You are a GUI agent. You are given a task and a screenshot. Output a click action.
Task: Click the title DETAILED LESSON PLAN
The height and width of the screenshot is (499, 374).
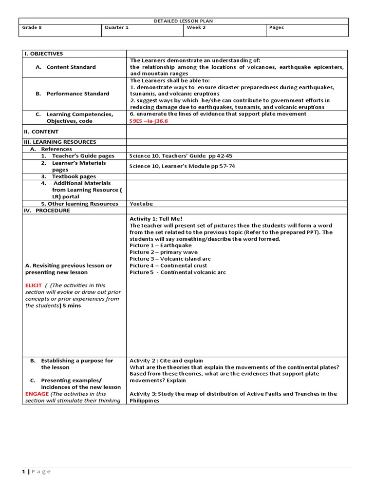pos(184,21)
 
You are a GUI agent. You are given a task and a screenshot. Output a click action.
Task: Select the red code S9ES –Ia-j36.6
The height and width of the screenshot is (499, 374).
pos(151,121)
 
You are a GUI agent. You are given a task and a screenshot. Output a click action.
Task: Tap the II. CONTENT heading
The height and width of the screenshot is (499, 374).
pos(41,132)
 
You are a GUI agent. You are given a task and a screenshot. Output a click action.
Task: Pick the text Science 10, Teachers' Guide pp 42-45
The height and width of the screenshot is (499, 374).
pos(181,156)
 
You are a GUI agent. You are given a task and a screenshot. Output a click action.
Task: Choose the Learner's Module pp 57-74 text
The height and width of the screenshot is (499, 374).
pos(182,166)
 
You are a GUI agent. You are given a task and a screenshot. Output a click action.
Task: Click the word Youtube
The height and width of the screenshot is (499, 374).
pos(141,204)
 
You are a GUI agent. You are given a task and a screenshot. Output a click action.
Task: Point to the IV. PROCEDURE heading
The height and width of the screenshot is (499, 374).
pos(47,211)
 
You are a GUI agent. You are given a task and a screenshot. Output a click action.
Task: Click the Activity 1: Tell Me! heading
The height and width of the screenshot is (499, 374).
pos(156,219)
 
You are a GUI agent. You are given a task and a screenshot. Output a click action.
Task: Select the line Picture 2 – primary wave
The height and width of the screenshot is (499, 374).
pos(164,252)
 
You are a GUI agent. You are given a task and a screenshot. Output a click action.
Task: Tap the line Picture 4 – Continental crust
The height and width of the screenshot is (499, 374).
pos(168,266)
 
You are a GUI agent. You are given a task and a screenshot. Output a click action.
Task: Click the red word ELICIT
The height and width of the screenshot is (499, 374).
pos(34,286)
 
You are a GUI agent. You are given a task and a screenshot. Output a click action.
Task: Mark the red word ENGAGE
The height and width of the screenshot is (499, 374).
pos(37,394)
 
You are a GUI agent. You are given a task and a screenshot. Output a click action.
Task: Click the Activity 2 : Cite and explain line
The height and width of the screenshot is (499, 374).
pos(166,361)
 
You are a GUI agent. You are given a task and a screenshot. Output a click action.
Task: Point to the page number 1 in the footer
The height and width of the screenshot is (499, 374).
pos(23,471)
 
